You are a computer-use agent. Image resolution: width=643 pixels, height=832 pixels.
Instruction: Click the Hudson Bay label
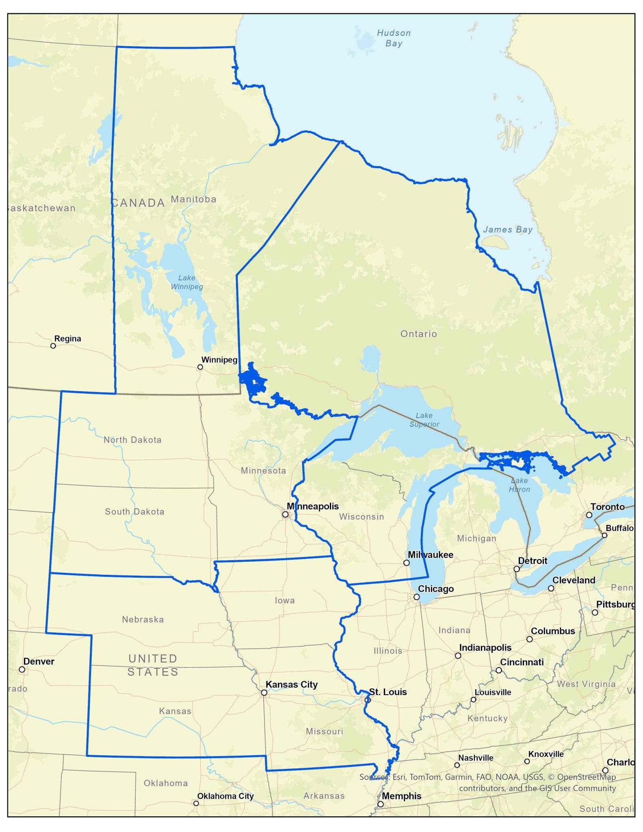394,38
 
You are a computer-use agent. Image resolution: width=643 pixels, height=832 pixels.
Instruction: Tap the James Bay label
507,230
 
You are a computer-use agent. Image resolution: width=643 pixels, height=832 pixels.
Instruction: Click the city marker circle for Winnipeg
200,367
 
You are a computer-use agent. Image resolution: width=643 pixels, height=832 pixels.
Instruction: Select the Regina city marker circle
53,346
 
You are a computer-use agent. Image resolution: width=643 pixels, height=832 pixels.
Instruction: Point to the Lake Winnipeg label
187,282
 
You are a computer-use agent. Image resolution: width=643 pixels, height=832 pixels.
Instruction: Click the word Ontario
418,334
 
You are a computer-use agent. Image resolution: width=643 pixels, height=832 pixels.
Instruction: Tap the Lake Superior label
424,420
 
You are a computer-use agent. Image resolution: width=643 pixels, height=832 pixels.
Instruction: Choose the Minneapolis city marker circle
285,514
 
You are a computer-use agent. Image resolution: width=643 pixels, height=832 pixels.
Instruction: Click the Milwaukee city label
430,555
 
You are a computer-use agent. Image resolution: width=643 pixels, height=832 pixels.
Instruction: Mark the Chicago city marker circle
416,597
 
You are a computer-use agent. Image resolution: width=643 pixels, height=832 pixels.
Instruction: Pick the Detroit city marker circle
516,569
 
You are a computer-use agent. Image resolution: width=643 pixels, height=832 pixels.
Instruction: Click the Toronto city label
607,507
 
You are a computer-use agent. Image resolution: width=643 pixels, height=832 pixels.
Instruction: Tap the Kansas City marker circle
264,693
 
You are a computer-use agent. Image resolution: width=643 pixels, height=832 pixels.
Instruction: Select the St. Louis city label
388,692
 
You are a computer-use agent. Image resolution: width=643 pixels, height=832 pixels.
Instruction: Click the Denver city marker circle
22,669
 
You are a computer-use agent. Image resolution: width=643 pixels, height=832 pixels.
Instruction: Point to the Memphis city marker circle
380,804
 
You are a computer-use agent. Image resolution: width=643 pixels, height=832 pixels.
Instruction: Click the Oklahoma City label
225,796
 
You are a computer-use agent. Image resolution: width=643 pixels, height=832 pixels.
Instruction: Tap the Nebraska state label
143,620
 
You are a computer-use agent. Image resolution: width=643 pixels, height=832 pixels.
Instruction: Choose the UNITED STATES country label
153,665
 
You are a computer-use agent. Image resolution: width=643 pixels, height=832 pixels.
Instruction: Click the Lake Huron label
519,485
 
